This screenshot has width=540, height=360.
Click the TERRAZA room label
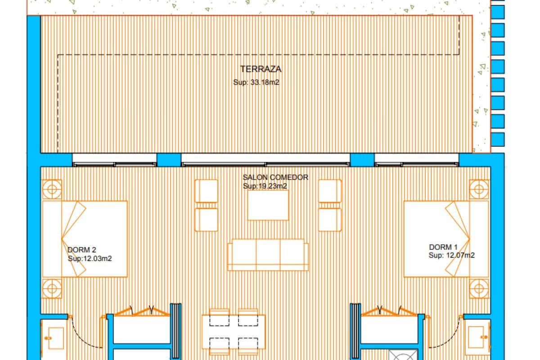(x=261, y=69)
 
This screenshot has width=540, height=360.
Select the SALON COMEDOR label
(x=275, y=177)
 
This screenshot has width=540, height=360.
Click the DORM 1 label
(x=443, y=247)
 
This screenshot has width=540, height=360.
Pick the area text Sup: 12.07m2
(x=451, y=256)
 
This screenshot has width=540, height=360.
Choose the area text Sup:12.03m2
(x=90, y=259)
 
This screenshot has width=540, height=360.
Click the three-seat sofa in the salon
(x=268, y=255)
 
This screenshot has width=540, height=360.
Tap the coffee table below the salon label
(x=268, y=205)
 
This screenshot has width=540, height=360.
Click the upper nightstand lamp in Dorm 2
(x=52, y=189)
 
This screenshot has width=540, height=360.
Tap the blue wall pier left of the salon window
(x=169, y=160)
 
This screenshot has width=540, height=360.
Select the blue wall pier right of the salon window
(x=362, y=160)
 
